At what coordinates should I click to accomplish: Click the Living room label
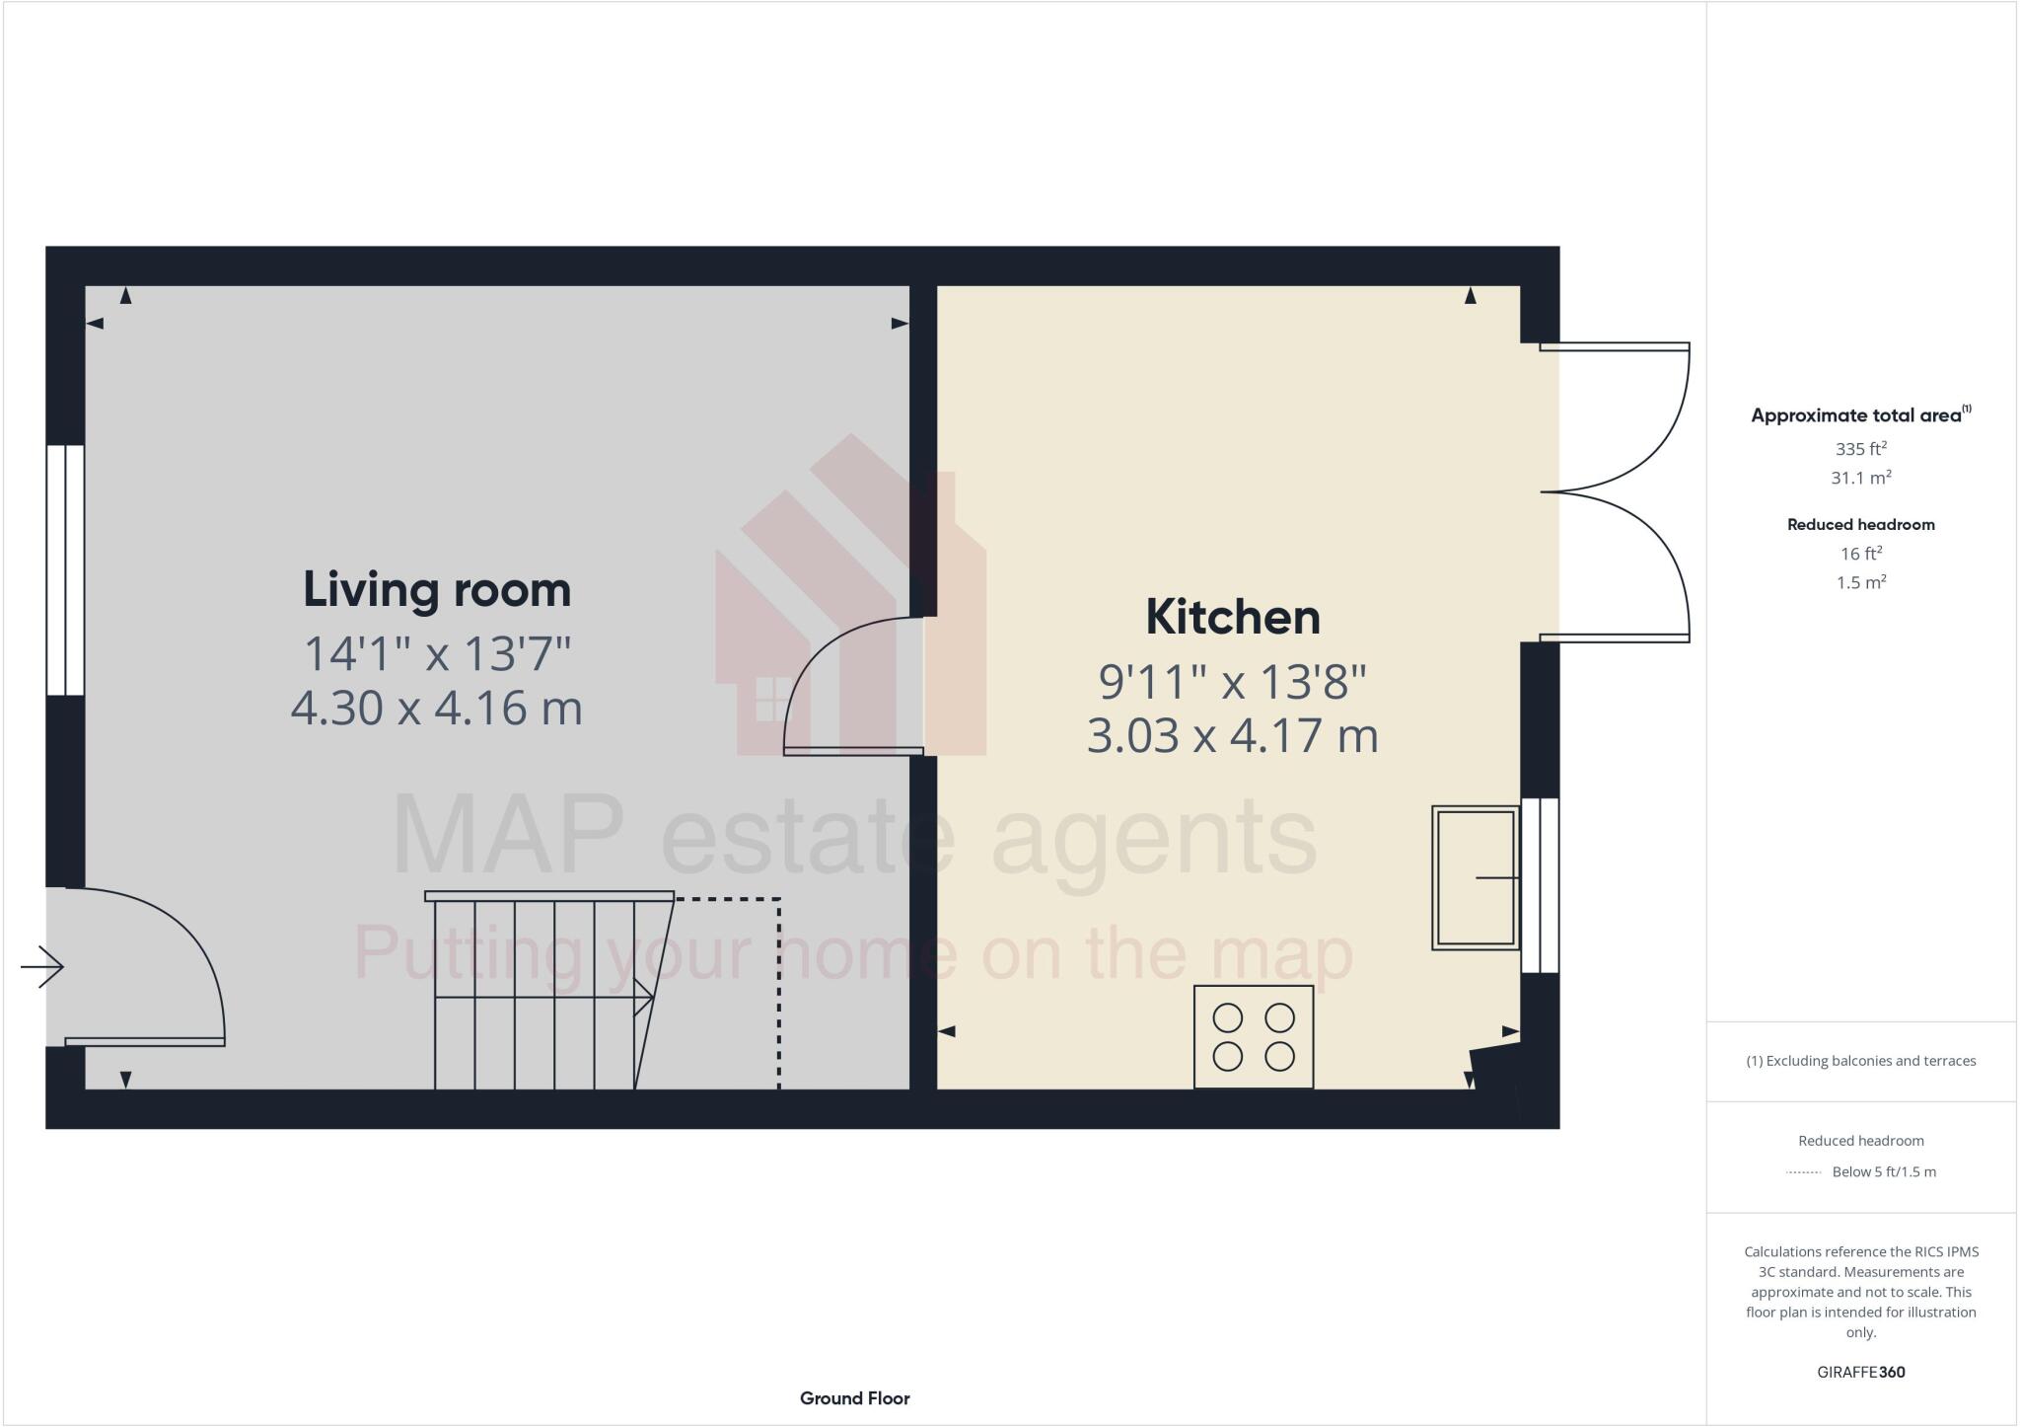pyautogui.click(x=437, y=590)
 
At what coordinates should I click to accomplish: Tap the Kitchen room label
pyautogui.click(x=1232, y=618)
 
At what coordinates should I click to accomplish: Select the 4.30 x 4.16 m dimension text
pyautogui.click(x=437, y=709)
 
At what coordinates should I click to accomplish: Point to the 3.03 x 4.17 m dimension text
pyautogui.click(x=1232, y=736)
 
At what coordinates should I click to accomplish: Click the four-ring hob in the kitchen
pyautogui.click(x=1253, y=1036)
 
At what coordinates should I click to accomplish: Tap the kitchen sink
pyautogui.click(x=1476, y=878)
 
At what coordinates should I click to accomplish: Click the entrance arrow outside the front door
pyautogui.click(x=41, y=967)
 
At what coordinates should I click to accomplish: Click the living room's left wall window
pyautogui.click(x=65, y=569)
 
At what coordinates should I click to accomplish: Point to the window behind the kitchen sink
pyautogui.click(x=1540, y=885)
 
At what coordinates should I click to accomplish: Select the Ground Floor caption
pyautogui.click(x=854, y=1398)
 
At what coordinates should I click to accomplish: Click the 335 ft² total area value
pyautogui.click(x=1860, y=449)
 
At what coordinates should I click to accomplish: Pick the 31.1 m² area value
pyautogui.click(x=1860, y=479)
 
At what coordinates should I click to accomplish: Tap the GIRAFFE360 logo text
pyautogui.click(x=1860, y=1373)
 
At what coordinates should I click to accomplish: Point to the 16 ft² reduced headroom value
pyautogui.click(x=1860, y=554)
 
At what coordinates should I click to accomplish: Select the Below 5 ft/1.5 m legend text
pyautogui.click(x=1883, y=1172)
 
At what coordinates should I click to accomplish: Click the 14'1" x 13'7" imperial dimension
pyautogui.click(x=437, y=653)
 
